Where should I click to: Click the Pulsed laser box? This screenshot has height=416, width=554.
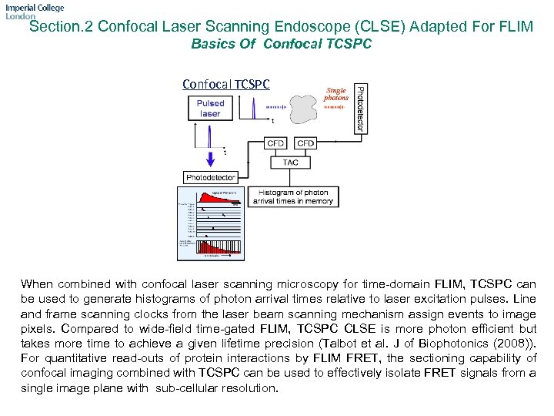point(210,109)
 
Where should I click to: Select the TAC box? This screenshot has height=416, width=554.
point(290,163)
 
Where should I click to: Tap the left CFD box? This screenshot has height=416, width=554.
point(275,143)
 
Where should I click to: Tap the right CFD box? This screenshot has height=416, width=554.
point(305,143)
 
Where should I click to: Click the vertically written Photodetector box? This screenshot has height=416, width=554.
point(358,108)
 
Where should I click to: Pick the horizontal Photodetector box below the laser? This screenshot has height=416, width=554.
point(211,177)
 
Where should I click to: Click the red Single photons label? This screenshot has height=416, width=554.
point(335,94)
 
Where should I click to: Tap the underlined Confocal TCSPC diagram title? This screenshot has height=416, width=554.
point(226,84)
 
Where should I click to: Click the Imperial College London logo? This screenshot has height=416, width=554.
point(34,12)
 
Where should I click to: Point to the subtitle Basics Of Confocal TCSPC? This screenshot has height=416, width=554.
point(281,45)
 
